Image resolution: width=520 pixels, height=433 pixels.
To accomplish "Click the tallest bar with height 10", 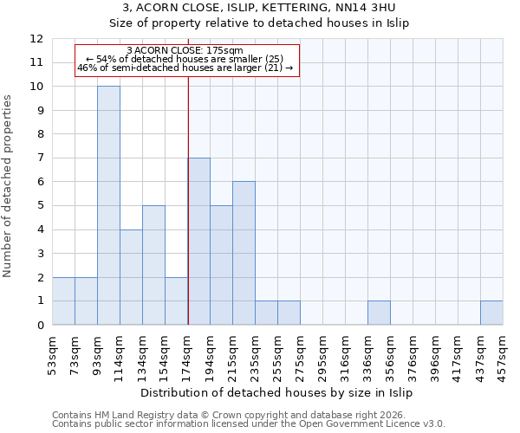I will click(x=108, y=205).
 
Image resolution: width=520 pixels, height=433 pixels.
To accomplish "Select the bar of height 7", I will click(x=198, y=242).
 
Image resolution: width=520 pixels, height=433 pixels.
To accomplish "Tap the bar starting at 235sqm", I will click(x=266, y=313).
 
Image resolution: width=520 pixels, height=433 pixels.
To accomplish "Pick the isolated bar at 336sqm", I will click(x=379, y=313).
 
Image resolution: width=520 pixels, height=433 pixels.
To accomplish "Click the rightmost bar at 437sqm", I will click(x=491, y=313).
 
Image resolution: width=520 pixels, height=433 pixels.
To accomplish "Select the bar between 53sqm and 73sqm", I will click(x=63, y=301).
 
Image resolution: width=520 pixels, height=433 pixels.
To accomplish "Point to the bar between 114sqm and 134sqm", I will click(x=131, y=277).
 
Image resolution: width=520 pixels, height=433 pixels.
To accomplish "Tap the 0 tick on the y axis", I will click(x=40, y=326).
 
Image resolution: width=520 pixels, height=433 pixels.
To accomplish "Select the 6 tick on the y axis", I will click(x=40, y=182).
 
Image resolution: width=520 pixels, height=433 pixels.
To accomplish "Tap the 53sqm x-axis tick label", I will click(x=53, y=352).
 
